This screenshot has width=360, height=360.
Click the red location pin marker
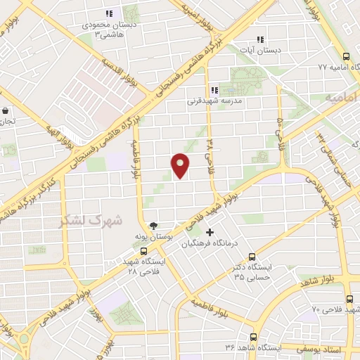tap(181, 165)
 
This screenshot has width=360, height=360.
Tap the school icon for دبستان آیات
tap(260, 40)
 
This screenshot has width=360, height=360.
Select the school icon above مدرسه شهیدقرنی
tap(215, 90)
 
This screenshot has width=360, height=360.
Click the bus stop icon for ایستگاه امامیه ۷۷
tap(345, 57)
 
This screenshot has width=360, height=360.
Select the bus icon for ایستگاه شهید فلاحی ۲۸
tap(143, 250)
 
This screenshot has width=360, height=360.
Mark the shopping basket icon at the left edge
tap(5, 111)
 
